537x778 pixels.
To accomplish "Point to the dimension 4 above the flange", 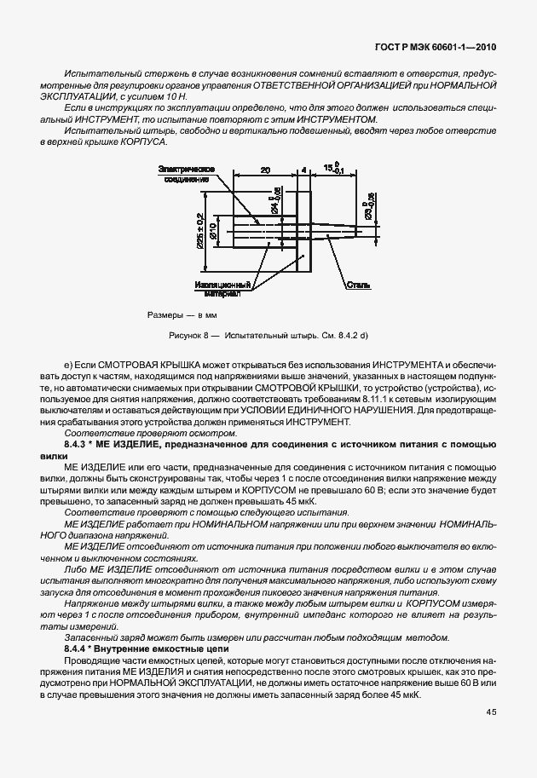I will [x=303, y=170].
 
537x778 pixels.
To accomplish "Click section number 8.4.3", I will [x=77, y=445].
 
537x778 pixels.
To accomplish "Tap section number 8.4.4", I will [x=77, y=649].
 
